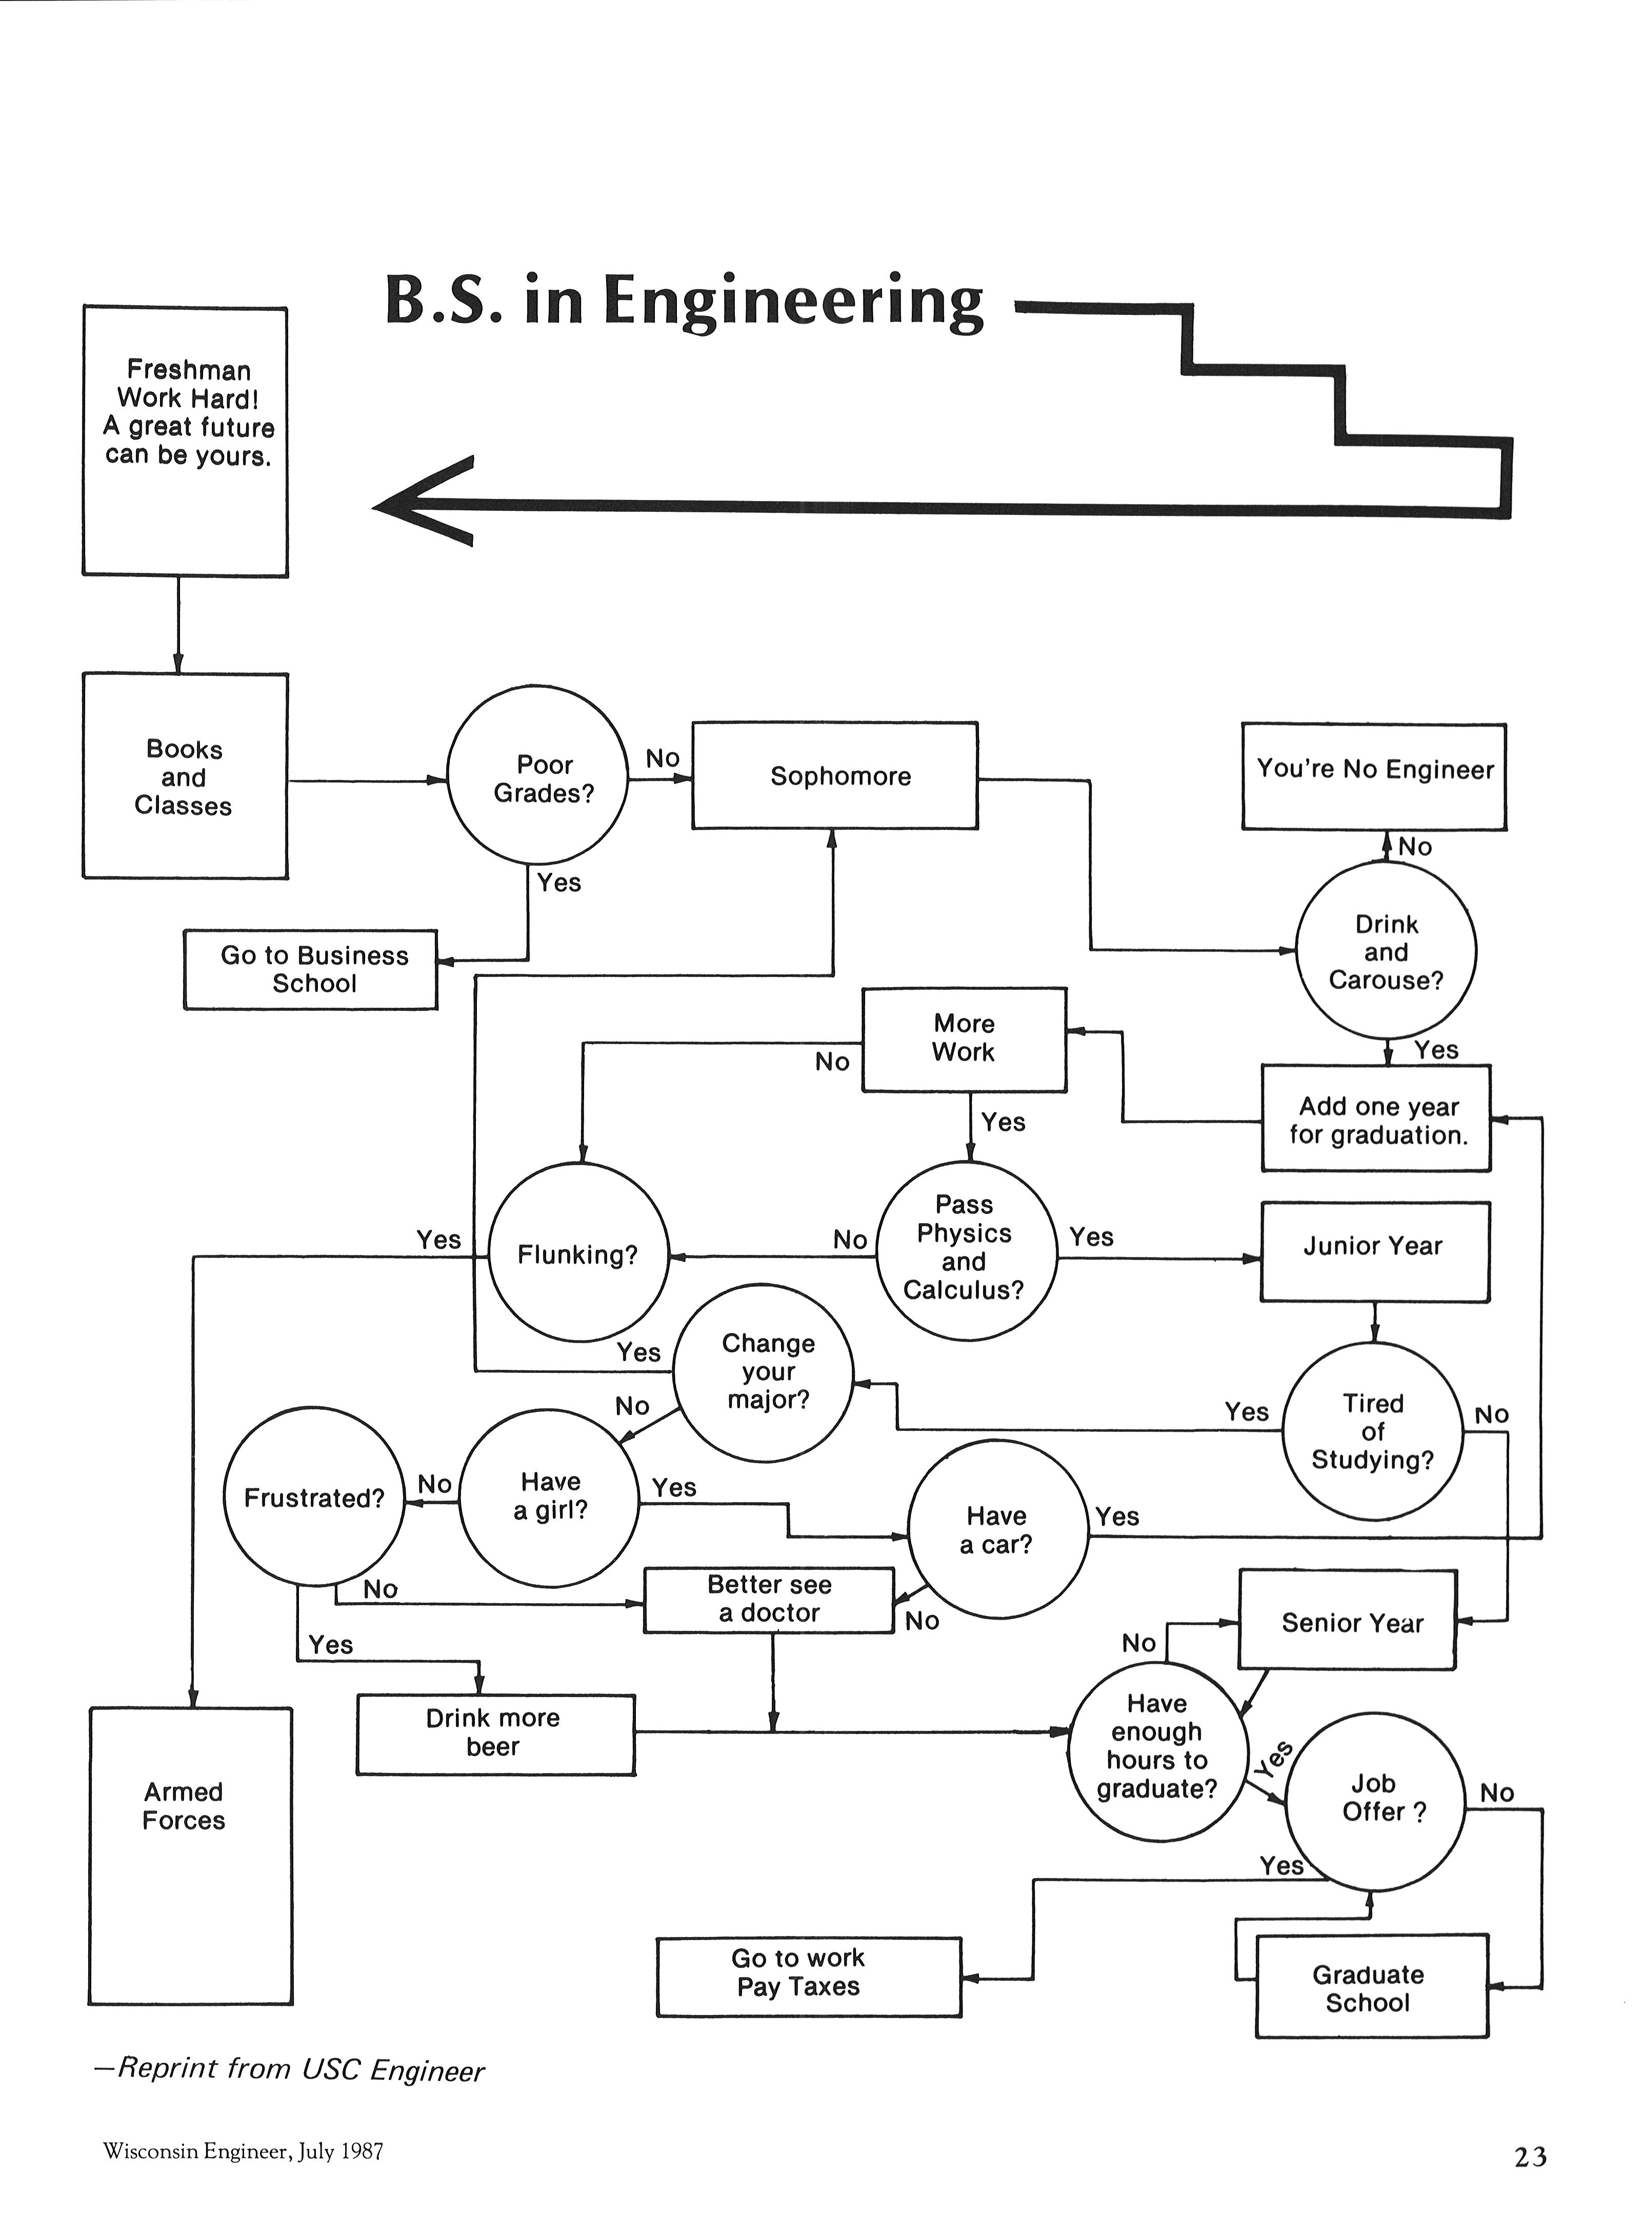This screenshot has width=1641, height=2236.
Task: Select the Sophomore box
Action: coord(834,776)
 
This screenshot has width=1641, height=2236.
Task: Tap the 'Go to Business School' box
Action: coord(311,969)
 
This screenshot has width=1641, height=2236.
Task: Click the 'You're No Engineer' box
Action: coord(1374,777)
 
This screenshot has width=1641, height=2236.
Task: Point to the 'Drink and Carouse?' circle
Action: coord(1386,951)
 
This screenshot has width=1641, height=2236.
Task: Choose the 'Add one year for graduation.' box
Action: coord(1376,1120)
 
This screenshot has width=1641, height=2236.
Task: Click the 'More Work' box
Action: coord(964,1039)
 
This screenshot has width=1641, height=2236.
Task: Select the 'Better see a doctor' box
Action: coord(769,1599)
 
